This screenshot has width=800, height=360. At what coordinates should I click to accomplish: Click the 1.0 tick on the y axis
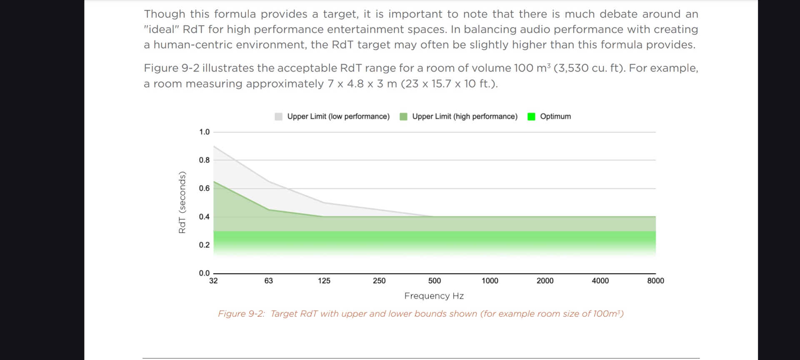click(x=204, y=132)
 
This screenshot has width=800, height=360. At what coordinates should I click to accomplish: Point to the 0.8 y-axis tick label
click(x=204, y=160)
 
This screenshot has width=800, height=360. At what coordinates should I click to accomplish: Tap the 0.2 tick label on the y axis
click(x=204, y=245)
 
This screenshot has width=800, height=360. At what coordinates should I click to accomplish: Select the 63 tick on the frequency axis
click(x=269, y=281)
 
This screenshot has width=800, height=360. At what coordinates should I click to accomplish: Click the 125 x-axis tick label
click(x=324, y=281)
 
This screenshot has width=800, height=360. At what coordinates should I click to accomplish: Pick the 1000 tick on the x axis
click(x=490, y=281)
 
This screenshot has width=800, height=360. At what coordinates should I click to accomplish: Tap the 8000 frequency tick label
click(x=655, y=281)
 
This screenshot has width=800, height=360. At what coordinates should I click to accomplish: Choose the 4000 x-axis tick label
click(x=600, y=281)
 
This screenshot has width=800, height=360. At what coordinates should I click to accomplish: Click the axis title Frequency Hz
click(x=434, y=296)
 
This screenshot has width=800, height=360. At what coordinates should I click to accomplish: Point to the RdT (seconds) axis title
click(x=182, y=202)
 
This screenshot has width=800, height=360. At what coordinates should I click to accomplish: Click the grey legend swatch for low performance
click(x=279, y=117)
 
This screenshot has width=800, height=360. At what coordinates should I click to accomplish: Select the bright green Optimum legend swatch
click(x=531, y=117)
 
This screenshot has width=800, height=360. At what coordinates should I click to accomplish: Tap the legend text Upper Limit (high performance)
click(x=465, y=117)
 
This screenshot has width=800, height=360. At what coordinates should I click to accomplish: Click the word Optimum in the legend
click(x=555, y=117)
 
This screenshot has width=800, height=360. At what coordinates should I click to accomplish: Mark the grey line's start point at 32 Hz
click(x=214, y=146)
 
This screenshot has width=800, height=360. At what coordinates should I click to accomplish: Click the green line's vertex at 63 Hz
click(x=269, y=210)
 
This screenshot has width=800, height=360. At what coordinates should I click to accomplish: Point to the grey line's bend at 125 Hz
click(x=324, y=202)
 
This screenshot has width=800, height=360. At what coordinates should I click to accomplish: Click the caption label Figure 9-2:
click(x=241, y=314)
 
